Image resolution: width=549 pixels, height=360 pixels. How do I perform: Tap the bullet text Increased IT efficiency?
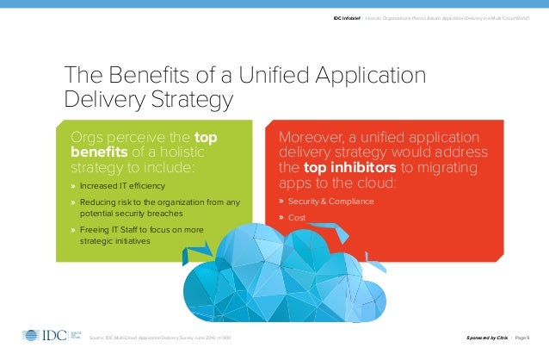coord(123,186)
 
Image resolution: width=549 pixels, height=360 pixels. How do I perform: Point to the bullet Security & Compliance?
coord(331,202)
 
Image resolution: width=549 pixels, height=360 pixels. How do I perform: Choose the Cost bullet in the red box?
coord(297,218)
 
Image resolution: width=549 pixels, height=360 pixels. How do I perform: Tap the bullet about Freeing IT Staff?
coord(142,230)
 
